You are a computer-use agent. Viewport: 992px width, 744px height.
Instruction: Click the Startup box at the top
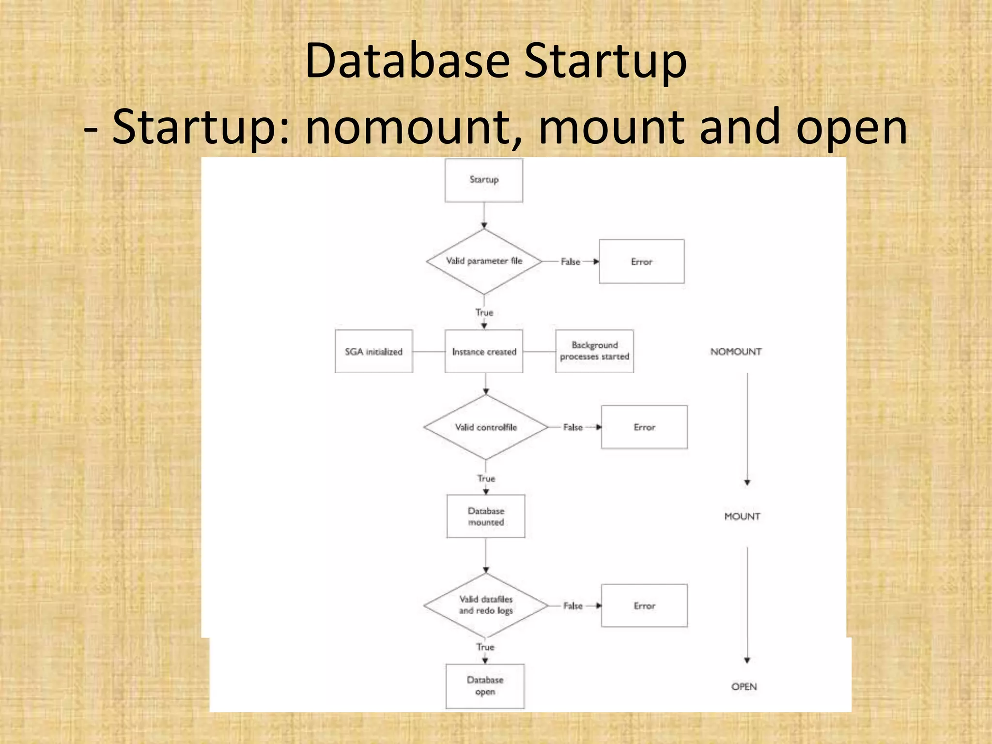[x=484, y=180]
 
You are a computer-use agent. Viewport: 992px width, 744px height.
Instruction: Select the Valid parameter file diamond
[x=484, y=261]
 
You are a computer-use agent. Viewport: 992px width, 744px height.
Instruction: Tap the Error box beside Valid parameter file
[x=641, y=262]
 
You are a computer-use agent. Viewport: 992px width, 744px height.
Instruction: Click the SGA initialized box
[x=373, y=352]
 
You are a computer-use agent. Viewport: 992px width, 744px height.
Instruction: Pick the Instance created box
[x=484, y=352]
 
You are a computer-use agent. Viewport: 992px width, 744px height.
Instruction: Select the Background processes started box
[x=594, y=351]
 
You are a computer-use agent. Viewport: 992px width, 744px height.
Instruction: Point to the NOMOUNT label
[x=736, y=352]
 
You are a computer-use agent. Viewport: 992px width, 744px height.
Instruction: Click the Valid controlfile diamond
[x=486, y=427]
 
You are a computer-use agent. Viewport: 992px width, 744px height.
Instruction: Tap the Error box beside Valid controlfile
[x=644, y=427]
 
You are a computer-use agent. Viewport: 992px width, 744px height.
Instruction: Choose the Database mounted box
[x=486, y=516]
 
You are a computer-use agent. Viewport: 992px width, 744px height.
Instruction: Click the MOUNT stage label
[x=742, y=516]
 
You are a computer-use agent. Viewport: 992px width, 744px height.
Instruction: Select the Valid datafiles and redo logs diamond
[x=486, y=605]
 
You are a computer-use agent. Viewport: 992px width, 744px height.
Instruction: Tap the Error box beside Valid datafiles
[x=644, y=605]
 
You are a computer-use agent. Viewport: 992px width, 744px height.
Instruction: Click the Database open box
[x=485, y=686]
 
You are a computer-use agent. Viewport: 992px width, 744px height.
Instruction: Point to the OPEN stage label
[x=744, y=686]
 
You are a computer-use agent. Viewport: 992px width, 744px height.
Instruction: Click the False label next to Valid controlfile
[x=573, y=427]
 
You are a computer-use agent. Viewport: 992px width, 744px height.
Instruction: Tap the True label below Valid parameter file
[x=484, y=312]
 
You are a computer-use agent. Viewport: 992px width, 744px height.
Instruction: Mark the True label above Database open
[x=485, y=647]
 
